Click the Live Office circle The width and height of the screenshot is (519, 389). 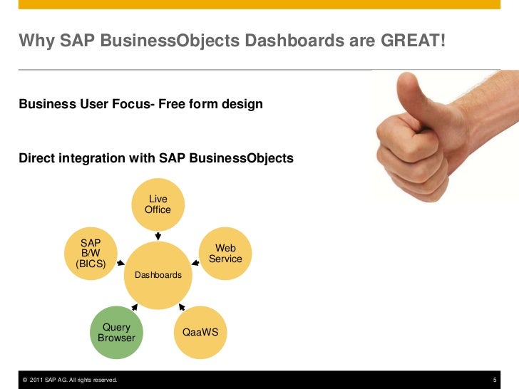pyautogui.click(x=158, y=204)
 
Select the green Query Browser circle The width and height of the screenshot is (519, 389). pyautogui.click(x=116, y=332)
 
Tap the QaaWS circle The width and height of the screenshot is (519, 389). pyautogui.click(x=200, y=332)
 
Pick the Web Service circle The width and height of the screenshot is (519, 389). pyautogui.click(x=225, y=254)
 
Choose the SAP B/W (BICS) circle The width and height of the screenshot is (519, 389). pyautogui.click(x=91, y=254)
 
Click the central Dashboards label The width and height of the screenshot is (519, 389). pyautogui.click(x=158, y=274)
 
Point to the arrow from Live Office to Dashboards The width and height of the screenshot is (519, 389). pyautogui.click(x=158, y=236)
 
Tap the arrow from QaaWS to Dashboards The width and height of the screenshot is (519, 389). pyautogui.click(x=180, y=308)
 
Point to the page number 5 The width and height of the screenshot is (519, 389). pyautogui.click(x=495, y=380)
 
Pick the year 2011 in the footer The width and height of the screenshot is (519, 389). pyautogui.click(x=38, y=380)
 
